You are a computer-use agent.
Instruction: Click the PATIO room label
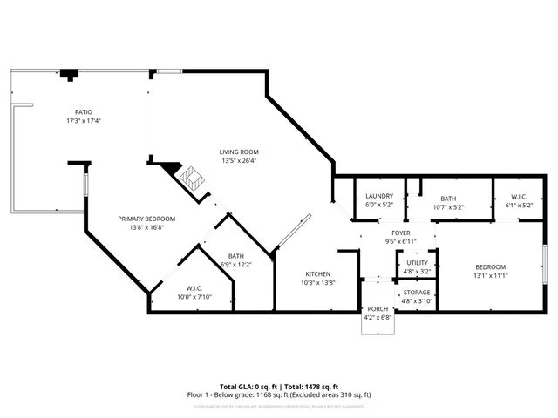click(x=83, y=112)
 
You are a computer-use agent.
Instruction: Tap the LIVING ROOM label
click(x=238, y=152)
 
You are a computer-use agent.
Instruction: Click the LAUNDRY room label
click(x=379, y=197)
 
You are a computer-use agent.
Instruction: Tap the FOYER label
click(x=400, y=233)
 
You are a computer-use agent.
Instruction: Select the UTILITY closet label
click(x=418, y=262)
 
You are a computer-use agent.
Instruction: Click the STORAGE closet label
click(x=417, y=293)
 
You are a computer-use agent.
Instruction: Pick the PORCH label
click(x=378, y=308)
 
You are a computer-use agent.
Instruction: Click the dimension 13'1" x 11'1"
click(x=490, y=275)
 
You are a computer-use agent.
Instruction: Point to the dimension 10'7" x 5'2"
click(x=448, y=207)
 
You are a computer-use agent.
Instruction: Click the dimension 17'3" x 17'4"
click(x=83, y=120)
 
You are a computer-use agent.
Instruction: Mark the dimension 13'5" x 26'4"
click(x=238, y=160)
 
